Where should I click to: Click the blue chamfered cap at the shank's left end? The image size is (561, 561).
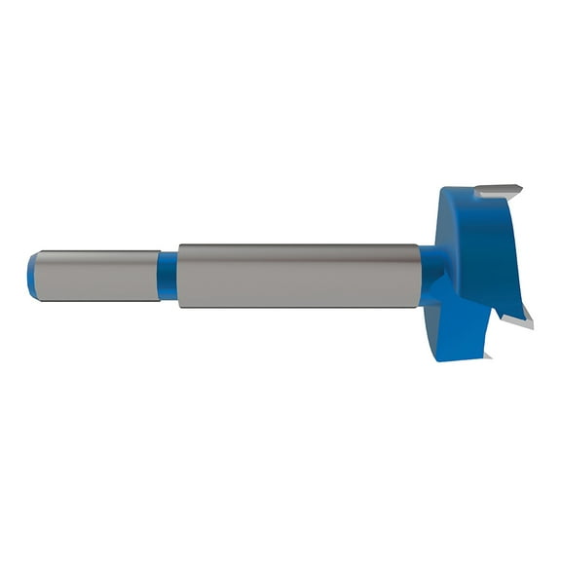pyautogui.click(x=32, y=276)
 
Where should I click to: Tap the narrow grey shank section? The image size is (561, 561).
pyautogui.click(x=97, y=276)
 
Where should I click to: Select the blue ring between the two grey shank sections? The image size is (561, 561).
pyautogui.click(x=168, y=276)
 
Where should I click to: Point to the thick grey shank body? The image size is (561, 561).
pyautogui.click(x=297, y=276)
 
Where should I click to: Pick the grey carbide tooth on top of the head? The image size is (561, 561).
pyautogui.click(x=498, y=192)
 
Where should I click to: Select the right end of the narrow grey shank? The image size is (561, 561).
pyautogui.click(x=158, y=276)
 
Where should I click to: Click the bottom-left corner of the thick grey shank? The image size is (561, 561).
pyautogui.click(x=179, y=306)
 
